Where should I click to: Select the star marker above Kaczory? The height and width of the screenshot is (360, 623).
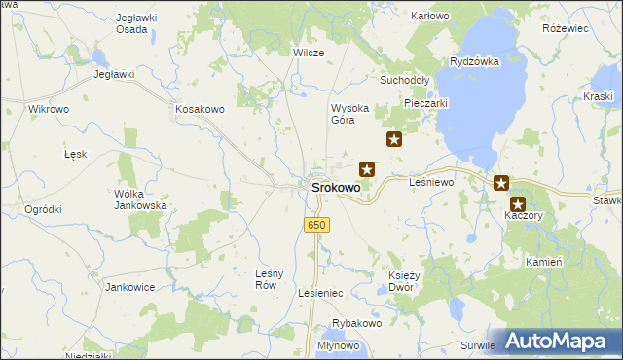click(518, 204)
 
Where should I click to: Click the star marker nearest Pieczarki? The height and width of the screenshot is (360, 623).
click(394, 139)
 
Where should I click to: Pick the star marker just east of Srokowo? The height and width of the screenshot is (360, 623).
click(367, 168)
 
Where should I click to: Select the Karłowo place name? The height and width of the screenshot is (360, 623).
click(430, 17)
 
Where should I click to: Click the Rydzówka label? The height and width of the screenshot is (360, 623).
click(474, 61)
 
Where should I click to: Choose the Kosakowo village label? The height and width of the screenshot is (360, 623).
click(201, 110)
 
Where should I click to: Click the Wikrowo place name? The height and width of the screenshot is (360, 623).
click(49, 110)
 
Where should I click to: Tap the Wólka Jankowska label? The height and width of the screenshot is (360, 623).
click(140, 199)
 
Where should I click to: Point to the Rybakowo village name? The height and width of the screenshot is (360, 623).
click(356, 323)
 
